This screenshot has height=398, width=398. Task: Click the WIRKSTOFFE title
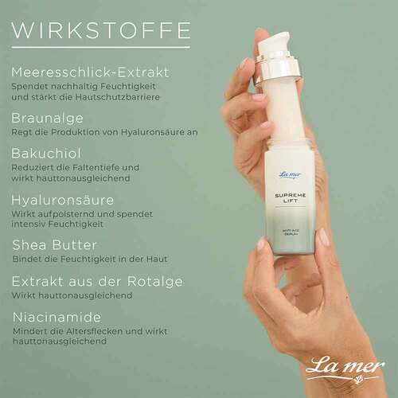point(100,30)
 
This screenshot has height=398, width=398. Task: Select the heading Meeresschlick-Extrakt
point(90,72)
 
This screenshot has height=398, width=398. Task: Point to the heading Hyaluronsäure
point(62,199)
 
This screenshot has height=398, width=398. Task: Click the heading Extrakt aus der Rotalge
point(97,280)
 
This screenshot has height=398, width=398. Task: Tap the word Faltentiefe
point(105,167)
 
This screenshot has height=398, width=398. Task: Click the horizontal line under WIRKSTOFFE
point(100,48)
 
